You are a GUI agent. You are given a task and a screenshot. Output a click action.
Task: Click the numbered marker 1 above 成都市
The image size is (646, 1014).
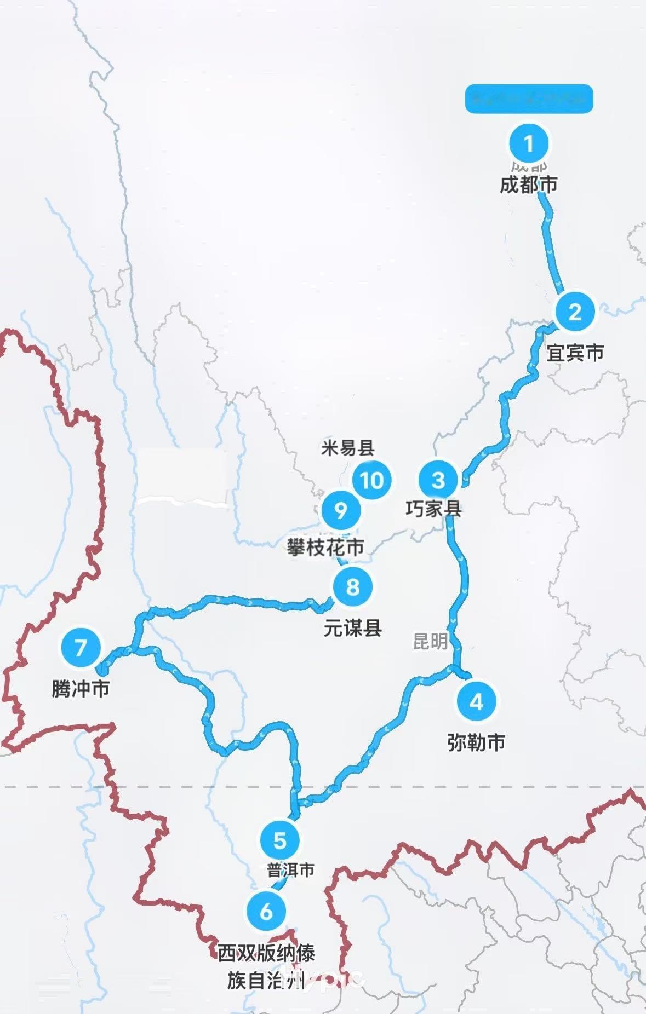(x=528, y=143)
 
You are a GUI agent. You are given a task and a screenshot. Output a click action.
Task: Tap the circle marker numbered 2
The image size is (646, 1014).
(x=575, y=312)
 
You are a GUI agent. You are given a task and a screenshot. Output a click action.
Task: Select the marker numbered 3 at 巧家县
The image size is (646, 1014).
(x=438, y=480)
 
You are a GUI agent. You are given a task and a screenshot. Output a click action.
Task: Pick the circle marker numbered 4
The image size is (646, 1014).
(x=476, y=701)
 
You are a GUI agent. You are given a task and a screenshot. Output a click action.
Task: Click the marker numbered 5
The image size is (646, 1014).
(x=279, y=840)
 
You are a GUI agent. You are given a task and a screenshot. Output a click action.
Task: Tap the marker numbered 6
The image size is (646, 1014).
(x=266, y=911)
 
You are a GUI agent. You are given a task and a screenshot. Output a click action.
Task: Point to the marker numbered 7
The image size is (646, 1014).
(x=81, y=647)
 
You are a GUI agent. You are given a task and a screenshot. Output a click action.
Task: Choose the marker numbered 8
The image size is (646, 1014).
(x=352, y=587)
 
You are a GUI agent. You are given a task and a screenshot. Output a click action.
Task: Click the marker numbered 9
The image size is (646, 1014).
(x=341, y=510)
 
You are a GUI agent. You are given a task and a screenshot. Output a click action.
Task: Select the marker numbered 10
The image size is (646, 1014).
(x=372, y=480)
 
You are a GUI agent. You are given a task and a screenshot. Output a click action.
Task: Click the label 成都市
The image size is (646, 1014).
(x=528, y=185)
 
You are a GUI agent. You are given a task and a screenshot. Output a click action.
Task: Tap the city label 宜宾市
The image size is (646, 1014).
(x=575, y=353)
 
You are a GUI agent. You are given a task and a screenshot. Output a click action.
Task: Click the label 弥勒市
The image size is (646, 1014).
(x=476, y=743)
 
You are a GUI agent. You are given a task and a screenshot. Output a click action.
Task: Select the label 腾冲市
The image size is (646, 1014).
(x=81, y=688)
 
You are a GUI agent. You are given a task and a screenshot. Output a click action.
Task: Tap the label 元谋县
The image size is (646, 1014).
(x=352, y=628)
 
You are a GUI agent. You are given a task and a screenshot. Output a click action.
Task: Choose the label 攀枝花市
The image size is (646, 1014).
(x=325, y=547)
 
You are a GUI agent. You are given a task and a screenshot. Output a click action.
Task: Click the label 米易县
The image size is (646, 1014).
(x=347, y=448)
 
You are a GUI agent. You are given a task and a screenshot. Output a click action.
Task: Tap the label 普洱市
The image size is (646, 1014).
(x=290, y=870)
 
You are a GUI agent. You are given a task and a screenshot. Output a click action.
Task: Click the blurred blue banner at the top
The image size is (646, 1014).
(x=529, y=99)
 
